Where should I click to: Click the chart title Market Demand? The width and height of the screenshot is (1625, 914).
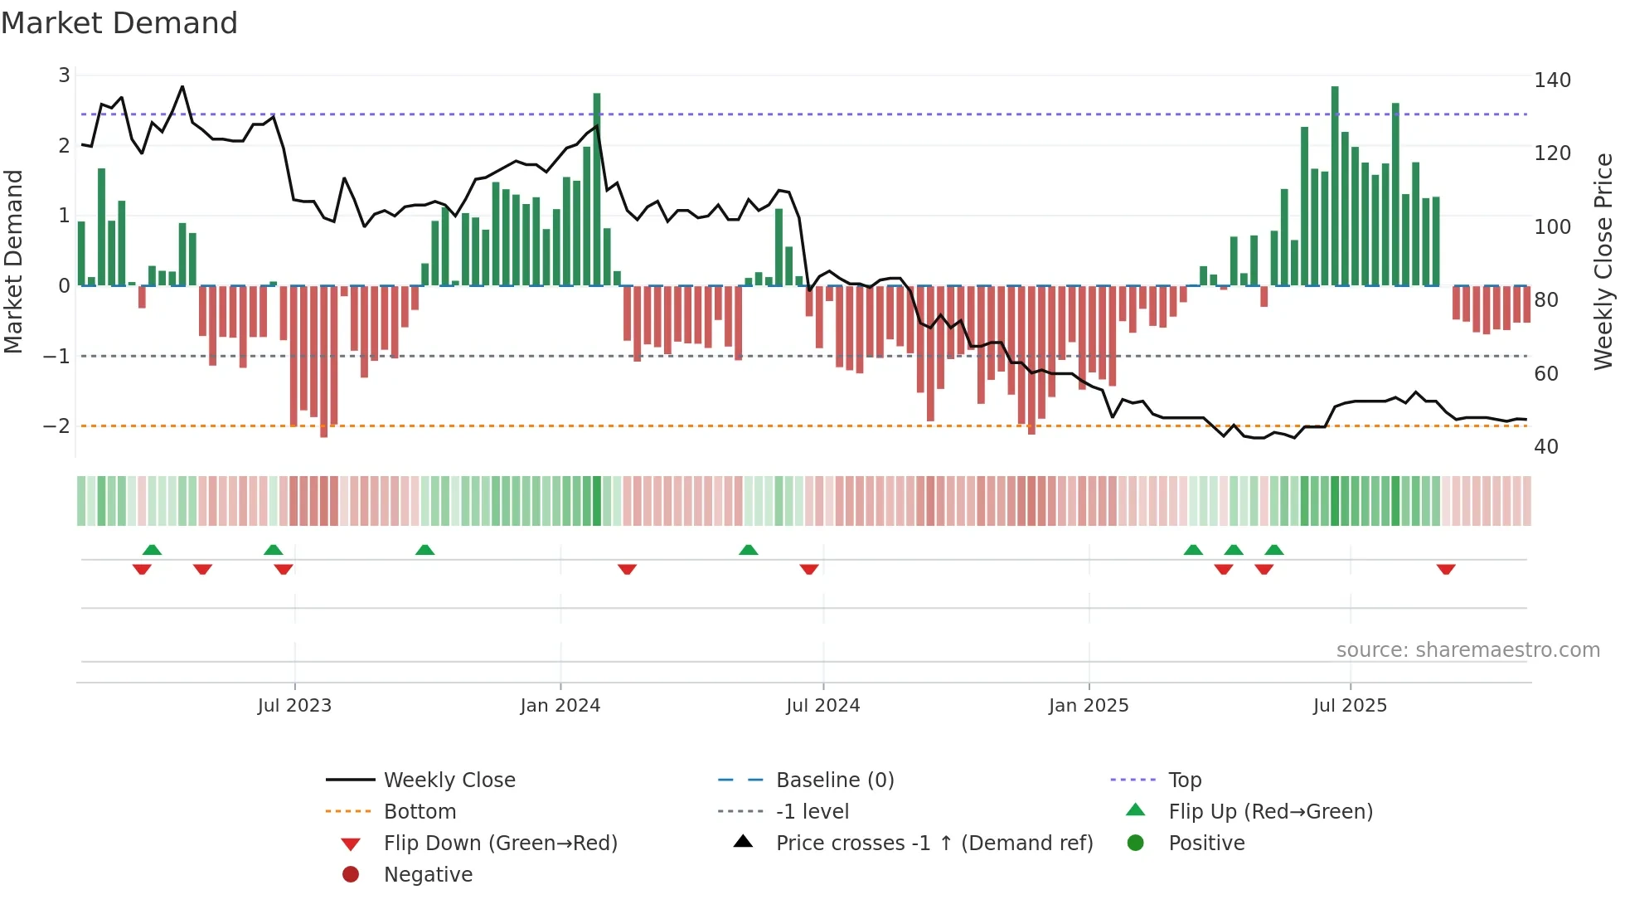(119, 23)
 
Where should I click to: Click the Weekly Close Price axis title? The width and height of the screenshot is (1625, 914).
(1603, 261)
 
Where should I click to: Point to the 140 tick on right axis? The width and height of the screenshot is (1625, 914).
(1552, 80)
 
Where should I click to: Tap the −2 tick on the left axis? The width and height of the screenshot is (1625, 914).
(56, 426)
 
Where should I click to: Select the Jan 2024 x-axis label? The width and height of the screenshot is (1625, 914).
(560, 706)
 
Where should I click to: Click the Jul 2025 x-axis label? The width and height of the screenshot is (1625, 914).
(1349, 706)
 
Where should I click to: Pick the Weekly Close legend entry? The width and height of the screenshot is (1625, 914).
(449, 780)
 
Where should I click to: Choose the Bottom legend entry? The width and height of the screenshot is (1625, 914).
(420, 812)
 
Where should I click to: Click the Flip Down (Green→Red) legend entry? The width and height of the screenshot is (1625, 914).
(500, 844)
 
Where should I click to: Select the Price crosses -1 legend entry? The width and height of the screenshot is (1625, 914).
(934, 844)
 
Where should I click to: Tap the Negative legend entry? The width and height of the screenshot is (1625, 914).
(428, 875)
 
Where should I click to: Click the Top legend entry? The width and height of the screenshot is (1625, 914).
(1184, 780)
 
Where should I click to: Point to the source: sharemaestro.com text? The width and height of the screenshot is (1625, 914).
(1467, 650)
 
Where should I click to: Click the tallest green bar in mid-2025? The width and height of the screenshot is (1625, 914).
(1335, 187)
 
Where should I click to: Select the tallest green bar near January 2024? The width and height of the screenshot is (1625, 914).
(597, 189)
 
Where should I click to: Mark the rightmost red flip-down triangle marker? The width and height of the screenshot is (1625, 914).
(1446, 569)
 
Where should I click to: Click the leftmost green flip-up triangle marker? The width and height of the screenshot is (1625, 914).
(152, 550)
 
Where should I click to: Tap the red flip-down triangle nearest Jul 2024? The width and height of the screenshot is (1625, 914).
(809, 569)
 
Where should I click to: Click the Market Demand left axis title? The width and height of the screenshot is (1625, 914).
(13, 261)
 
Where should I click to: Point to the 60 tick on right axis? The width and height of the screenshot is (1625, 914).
(1545, 374)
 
